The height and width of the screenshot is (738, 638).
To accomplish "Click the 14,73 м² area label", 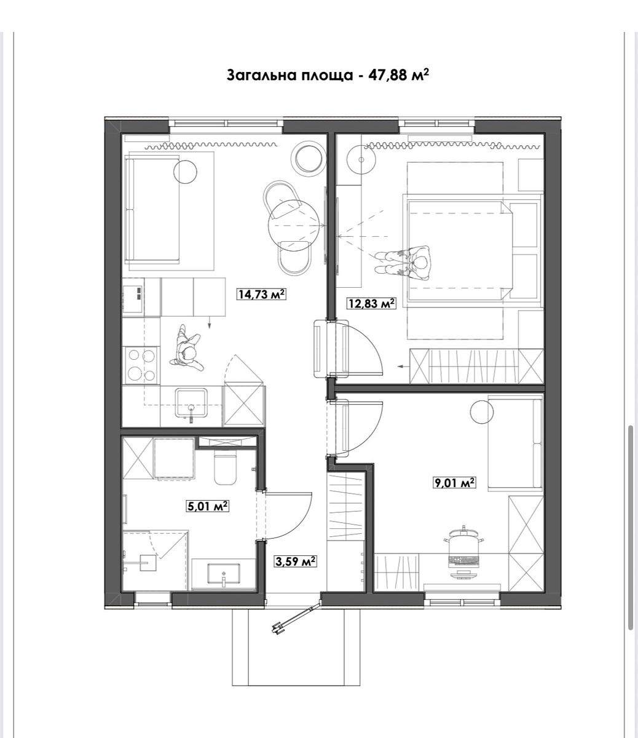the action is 262,294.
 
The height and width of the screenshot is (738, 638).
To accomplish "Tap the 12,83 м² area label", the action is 371,303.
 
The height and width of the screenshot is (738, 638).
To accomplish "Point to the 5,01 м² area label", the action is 207,506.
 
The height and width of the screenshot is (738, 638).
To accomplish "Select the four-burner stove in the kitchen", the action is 142,365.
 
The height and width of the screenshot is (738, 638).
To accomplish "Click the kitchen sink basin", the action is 191,403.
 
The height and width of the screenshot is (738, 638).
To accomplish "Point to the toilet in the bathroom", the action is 226,467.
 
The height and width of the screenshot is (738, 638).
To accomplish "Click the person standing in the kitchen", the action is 186,348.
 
